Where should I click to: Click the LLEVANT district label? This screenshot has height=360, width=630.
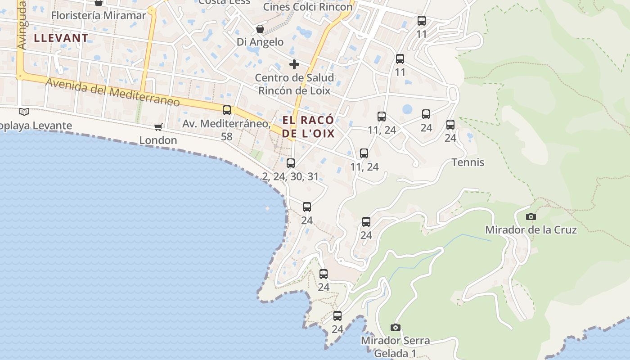[x=60, y=38]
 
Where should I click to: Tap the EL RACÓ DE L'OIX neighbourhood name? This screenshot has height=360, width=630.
[x=309, y=126]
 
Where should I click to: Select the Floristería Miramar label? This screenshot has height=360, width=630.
[x=99, y=15]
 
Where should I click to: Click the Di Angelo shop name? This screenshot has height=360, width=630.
[x=260, y=42]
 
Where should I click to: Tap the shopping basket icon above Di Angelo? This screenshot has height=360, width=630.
[x=260, y=29]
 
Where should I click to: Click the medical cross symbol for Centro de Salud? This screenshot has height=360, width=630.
[x=294, y=64]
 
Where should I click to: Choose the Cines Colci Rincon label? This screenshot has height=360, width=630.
[x=308, y=7]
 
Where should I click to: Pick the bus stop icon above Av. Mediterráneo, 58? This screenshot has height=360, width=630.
[x=227, y=110]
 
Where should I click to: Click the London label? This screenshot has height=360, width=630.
[x=158, y=140]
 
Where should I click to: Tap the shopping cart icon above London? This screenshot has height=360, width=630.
[x=158, y=127]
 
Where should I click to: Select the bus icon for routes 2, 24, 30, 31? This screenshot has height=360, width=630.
[x=291, y=163]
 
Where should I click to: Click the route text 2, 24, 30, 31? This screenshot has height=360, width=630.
[x=290, y=176]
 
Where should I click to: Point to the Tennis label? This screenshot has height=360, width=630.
[x=468, y=162]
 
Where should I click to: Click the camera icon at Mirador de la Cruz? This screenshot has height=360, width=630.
[x=531, y=217]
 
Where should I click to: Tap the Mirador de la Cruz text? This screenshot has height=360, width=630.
[x=531, y=230]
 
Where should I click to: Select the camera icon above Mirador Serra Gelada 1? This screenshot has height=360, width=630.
[x=396, y=328]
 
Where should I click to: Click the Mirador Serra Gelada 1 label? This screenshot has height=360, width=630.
[x=395, y=347]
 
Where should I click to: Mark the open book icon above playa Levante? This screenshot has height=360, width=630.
[x=24, y=112]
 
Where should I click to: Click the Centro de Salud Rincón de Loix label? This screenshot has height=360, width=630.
[x=294, y=84]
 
